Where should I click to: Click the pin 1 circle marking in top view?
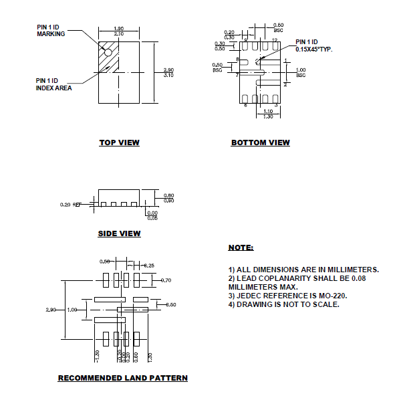point(107,52)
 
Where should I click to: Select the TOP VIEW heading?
point(119,142)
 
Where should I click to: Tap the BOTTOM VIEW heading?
point(260,142)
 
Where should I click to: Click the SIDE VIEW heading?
point(119,233)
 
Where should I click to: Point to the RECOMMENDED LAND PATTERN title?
point(122,378)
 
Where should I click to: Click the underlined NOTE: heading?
point(241,247)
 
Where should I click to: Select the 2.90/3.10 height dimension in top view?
point(168,72)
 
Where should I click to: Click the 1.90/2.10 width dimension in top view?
point(118,31)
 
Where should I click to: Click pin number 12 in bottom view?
point(274,41)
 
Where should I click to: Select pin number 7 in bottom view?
point(237,75)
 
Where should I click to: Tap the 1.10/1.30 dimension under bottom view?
point(267,114)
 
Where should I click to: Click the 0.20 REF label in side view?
point(70,204)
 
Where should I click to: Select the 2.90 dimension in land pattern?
point(51,310)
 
